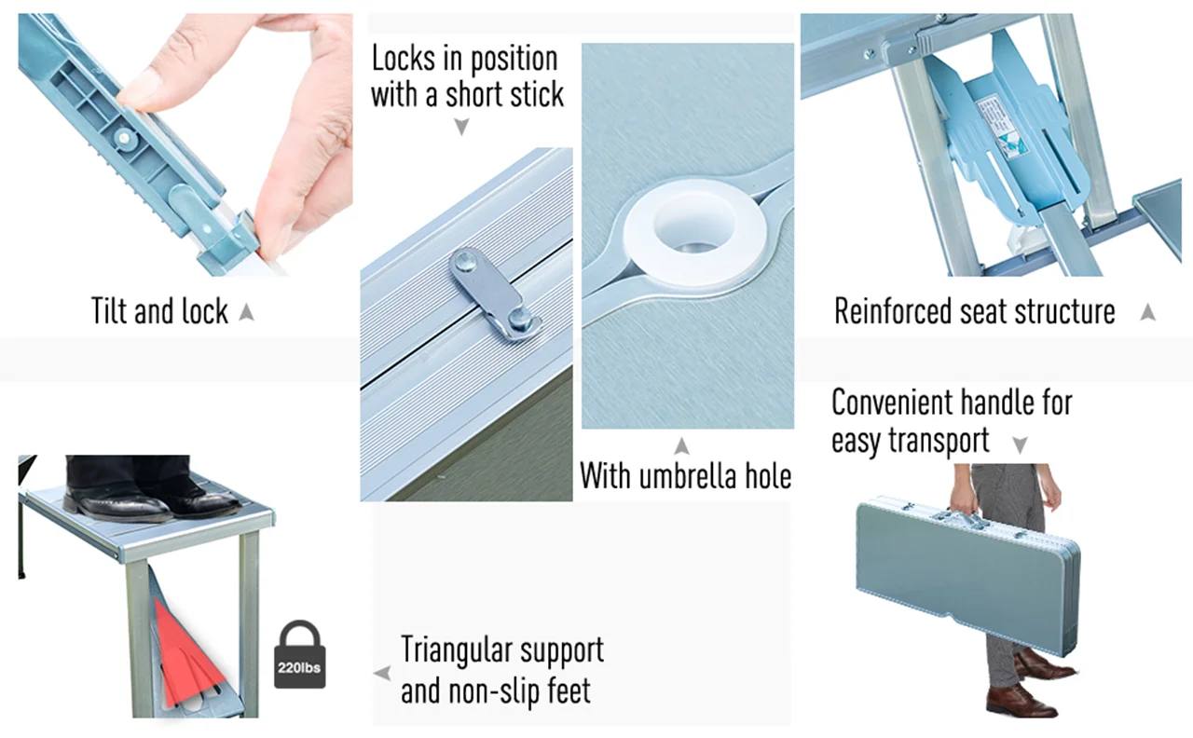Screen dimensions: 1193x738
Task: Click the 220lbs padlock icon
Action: [x=300, y=654]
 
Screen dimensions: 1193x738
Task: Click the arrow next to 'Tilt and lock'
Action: [x=246, y=312]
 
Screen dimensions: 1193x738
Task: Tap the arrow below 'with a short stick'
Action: [x=461, y=127]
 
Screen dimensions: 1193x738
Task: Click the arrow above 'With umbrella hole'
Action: [x=681, y=445]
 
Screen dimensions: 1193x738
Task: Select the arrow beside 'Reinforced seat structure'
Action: [x=1147, y=312]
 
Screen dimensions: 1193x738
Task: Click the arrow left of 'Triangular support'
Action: [x=382, y=673]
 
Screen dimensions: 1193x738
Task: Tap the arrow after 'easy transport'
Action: [x=1020, y=444]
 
